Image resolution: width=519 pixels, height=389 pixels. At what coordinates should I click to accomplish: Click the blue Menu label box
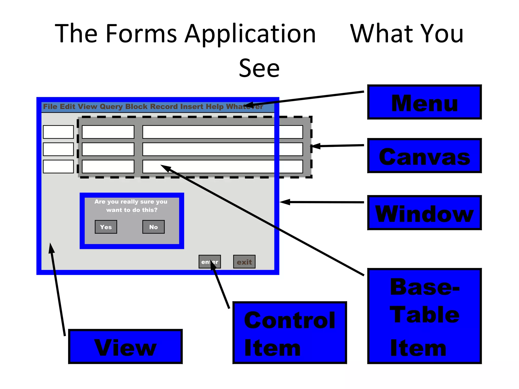tap(424, 102)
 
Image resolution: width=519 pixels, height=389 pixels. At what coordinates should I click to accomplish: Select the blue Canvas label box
tap(424, 156)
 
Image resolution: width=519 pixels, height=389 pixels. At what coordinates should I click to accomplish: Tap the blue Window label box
tap(424, 213)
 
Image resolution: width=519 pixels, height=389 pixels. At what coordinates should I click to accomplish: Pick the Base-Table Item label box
tap(424, 316)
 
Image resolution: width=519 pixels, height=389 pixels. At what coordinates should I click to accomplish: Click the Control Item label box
tap(289, 333)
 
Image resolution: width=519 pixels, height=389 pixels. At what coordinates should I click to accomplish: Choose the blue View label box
tap(125, 346)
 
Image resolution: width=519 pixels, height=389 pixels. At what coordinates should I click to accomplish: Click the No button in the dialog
tap(153, 227)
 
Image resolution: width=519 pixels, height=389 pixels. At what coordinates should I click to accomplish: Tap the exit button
tap(244, 262)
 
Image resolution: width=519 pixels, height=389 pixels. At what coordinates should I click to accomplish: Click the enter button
tap(210, 262)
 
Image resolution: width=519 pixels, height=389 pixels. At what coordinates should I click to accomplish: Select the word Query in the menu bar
tap(111, 107)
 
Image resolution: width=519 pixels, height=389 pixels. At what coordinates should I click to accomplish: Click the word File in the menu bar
tap(50, 106)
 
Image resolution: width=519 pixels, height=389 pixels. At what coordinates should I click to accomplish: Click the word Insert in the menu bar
tap(191, 106)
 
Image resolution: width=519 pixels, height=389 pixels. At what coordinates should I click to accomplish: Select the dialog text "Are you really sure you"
tap(131, 202)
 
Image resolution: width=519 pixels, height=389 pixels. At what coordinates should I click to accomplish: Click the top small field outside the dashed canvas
tap(58, 132)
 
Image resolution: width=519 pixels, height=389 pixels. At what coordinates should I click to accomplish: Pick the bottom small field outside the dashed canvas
tap(58, 166)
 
